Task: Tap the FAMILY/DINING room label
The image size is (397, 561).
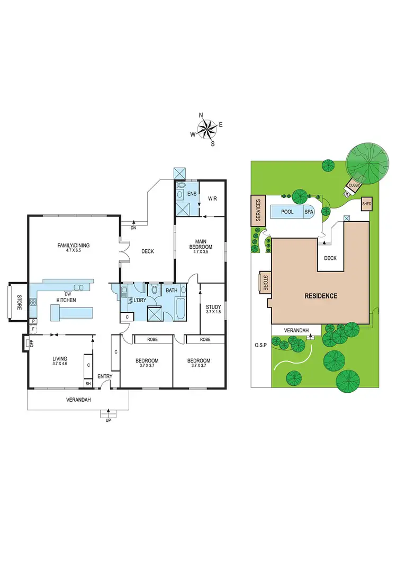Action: tap(74, 245)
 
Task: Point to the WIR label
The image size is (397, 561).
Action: tap(213, 198)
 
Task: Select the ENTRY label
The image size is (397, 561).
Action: tap(105, 376)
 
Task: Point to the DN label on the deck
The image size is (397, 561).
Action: tap(133, 228)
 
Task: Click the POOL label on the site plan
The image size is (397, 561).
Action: tap(287, 212)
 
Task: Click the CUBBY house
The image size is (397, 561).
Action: tap(353, 186)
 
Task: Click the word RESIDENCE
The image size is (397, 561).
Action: tap(320, 296)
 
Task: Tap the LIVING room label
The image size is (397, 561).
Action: tap(60, 360)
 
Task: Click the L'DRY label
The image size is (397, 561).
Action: tap(140, 301)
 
